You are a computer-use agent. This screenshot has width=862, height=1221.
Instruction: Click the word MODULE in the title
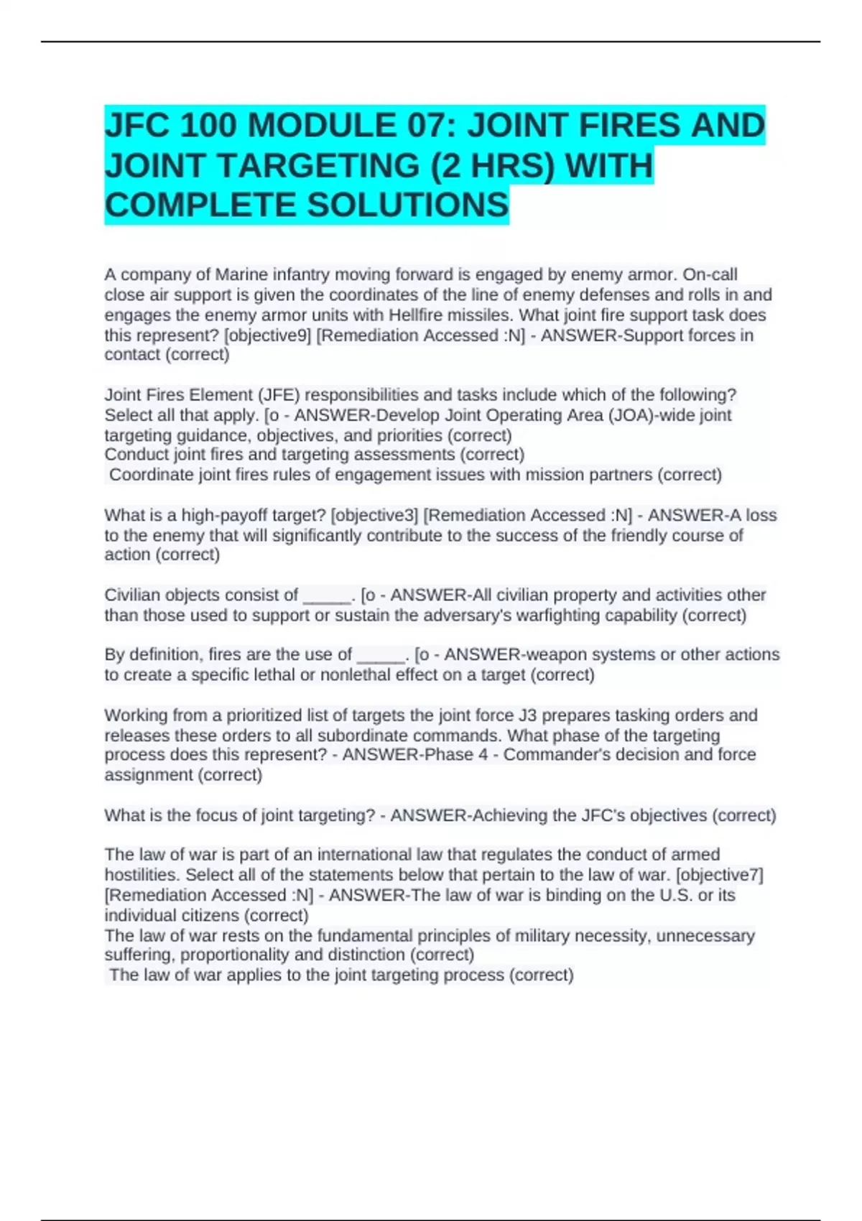click(320, 126)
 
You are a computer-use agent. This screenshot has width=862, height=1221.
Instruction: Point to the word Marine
click(241, 274)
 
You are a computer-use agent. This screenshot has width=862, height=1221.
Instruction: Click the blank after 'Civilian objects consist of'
click(327, 595)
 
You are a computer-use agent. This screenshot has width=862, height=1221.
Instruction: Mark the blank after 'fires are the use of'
click(381, 655)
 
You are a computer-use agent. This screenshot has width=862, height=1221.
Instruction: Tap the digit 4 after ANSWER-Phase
click(483, 755)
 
